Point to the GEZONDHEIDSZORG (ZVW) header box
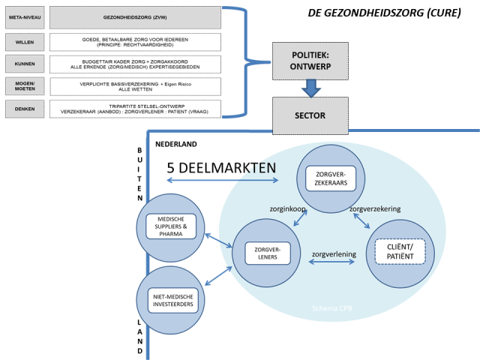[x=135, y=16]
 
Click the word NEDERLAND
[x=175, y=143]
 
